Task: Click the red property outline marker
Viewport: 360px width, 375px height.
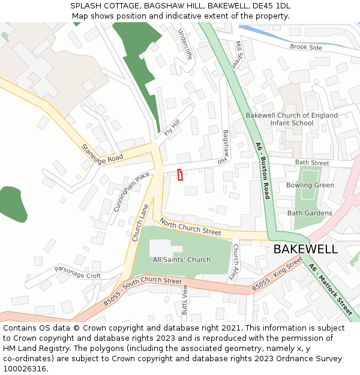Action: pos(180,175)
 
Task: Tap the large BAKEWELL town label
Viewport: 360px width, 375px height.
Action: pos(305,249)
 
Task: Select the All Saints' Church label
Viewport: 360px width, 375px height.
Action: pos(182,260)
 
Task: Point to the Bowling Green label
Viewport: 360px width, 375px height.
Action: pos(310,185)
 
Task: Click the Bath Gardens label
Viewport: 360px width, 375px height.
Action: pos(310,213)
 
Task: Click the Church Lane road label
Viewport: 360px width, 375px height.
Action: pos(140,223)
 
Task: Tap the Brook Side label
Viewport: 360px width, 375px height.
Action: pos(306,47)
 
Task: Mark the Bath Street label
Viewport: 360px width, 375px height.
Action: pos(312,163)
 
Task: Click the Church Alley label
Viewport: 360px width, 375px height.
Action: pos(236,263)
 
